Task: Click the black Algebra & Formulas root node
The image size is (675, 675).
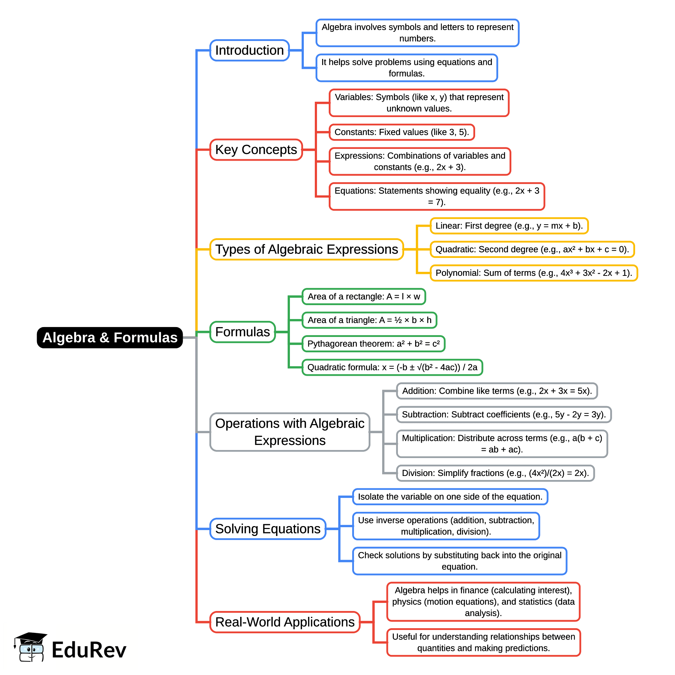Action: tap(110, 337)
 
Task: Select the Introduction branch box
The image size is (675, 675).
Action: tap(249, 50)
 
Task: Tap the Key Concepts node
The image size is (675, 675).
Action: tap(256, 150)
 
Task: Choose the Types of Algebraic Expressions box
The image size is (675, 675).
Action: tap(306, 249)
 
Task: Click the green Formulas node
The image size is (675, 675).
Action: tap(242, 332)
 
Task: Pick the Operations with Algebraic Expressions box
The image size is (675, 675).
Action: tap(290, 432)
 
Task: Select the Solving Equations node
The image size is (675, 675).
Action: tap(268, 529)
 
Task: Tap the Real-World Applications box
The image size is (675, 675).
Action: tap(285, 622)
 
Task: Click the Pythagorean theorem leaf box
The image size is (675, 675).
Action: tap(373, 344)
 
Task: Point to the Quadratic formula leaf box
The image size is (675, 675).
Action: tap(392, 367)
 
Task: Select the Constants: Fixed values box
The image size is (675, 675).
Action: tap(402, 132)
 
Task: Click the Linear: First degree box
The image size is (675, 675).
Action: tap(509, 226)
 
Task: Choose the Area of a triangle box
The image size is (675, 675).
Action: tap(369, 320)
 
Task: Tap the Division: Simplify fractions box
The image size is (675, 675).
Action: tap(495, 473)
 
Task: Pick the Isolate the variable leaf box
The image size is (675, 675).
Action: tap(450, 496)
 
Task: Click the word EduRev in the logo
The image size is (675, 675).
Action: tap(89, 650)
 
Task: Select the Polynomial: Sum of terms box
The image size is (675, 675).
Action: tap(534, 273)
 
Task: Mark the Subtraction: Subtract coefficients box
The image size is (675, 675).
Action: tap(504, 415)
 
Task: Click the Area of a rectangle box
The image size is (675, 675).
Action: tap(364, 296)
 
